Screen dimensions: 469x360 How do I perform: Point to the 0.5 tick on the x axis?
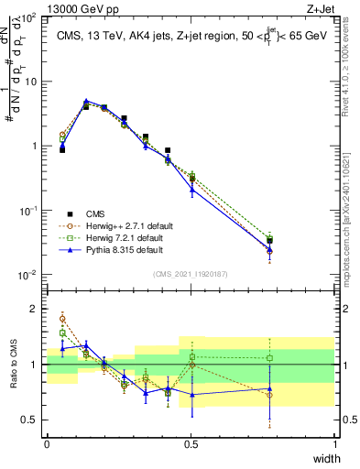(x=191, y=443)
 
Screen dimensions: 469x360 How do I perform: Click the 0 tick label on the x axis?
(x=47, y=443)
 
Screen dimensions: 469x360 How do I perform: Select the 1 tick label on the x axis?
(x=334, y=443)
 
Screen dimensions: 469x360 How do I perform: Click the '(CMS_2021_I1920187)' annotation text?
(x=191, y=273)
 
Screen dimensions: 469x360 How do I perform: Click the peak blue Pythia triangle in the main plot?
(x=86, y=102)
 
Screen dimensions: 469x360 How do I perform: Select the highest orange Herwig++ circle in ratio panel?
(x=62, y=319)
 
